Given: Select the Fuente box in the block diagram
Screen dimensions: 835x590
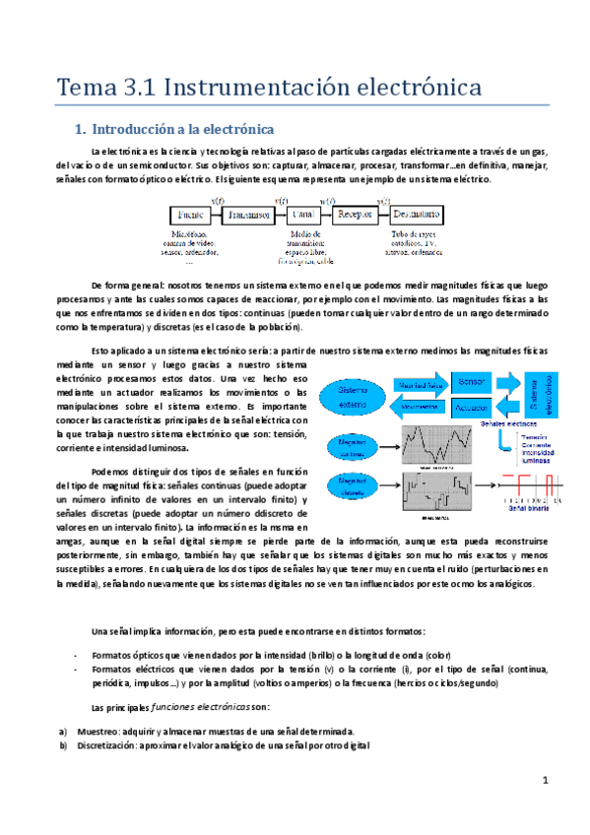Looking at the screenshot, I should click(192, 215).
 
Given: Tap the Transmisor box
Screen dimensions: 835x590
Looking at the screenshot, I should click(248, 215).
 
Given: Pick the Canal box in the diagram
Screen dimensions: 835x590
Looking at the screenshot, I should click(305, 215).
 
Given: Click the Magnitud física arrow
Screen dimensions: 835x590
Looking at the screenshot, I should click(421, 383).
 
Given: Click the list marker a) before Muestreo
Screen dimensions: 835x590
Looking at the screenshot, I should click(65, 732).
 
